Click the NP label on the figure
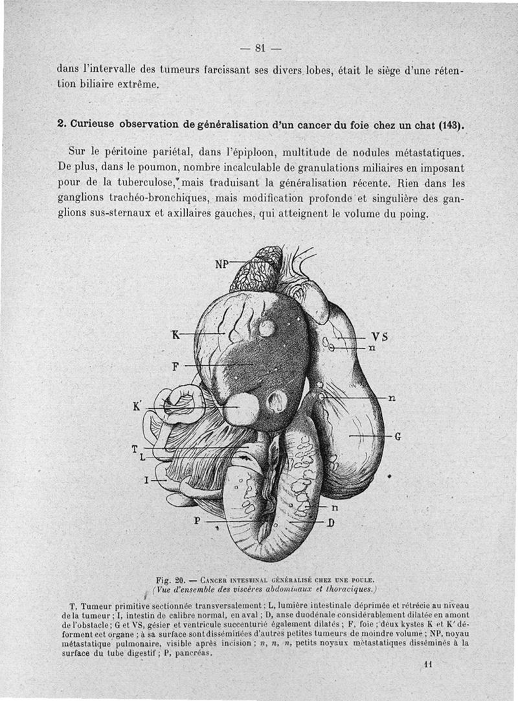[223, 264]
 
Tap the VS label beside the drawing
[380, 337]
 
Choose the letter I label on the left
[146, 480]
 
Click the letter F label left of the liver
[175, 366]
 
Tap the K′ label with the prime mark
[137, 407]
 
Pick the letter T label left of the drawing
[135, 448]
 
